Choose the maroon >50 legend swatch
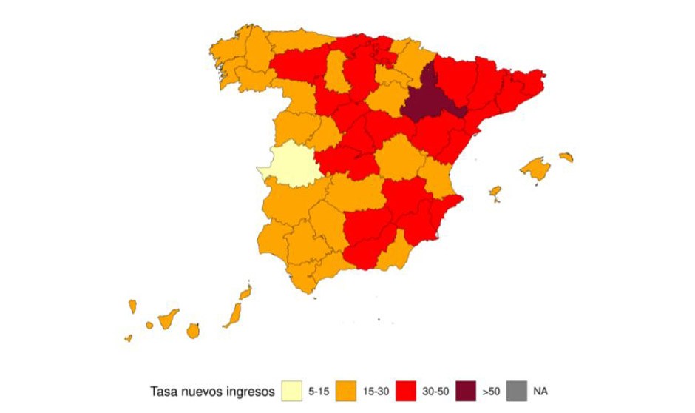(x=466, y=389)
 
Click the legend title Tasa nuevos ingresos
(x=213, y=390)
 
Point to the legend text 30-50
(x=434, y=390)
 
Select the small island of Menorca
(x=566, y=156)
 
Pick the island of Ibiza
(x=495, y=192)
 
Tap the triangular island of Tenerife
(x=168, y=319)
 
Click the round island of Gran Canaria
(x=193, y=330)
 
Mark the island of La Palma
(x=133, y=306)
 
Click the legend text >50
(x=490, y=390)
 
